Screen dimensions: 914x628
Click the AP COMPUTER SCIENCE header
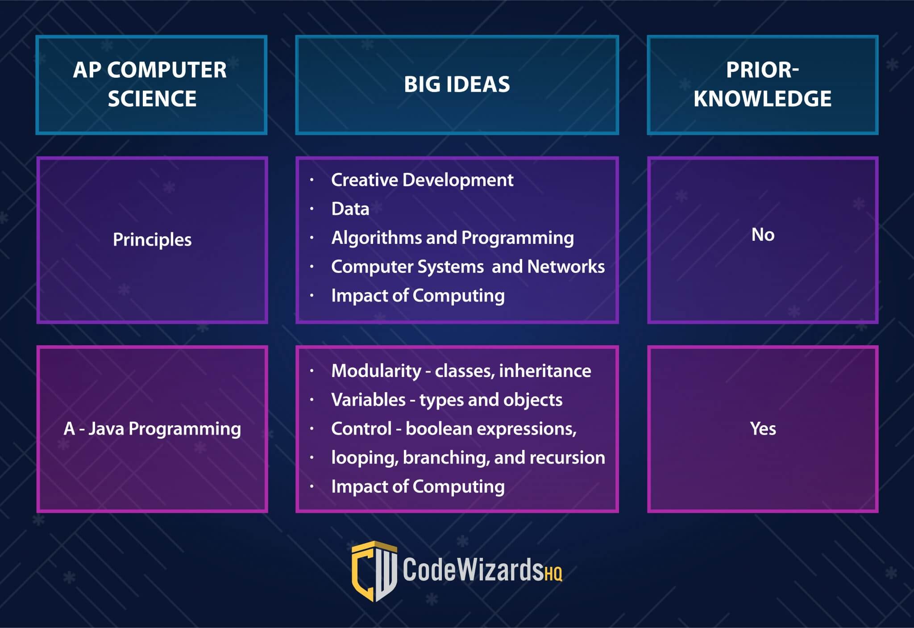pos(150,84)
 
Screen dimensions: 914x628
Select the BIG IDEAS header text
pos(457,84)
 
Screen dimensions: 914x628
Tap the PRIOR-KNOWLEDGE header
pos(762,84)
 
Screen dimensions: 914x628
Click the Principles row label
pos(152,240)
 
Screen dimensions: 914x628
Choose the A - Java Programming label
pos(152,429)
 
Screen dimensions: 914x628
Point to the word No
pos(763,234)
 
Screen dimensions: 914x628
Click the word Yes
pos(763,429)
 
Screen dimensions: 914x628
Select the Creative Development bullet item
pos(422,180)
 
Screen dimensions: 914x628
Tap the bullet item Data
pos(350,209)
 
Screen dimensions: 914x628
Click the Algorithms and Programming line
pos(453,238)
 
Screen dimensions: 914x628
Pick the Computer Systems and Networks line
pos(468,267)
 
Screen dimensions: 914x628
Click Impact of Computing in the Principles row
pos(418,296)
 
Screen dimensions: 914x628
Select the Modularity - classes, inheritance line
pos(461,371)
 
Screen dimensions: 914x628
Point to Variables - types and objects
pos(447,400)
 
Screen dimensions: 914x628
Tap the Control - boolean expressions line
pos(454,429)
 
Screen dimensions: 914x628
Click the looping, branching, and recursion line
pos(468,458)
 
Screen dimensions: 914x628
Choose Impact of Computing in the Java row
pos(418,487)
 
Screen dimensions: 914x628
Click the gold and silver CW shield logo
pos(374,571)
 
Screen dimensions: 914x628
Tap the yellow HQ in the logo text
pos(553,574)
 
